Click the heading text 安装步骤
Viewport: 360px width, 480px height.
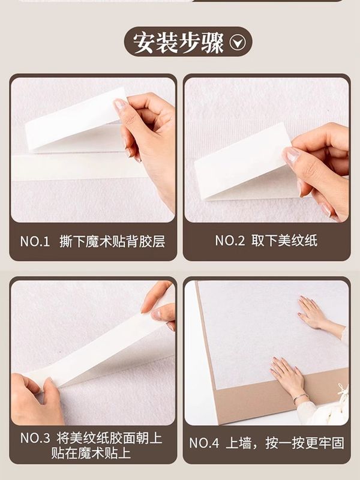178,43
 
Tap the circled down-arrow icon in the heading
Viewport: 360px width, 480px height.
238,43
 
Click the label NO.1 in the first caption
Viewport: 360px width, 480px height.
35,242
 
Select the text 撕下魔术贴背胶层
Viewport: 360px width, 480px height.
112,242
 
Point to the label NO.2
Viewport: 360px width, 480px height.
230,241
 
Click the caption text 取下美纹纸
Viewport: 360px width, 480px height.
284,241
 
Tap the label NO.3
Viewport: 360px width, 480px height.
35,438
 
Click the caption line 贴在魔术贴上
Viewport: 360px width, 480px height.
91,453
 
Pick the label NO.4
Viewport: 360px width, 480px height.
204,443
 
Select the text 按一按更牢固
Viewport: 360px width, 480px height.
305,443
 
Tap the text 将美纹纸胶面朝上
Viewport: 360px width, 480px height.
109,438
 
